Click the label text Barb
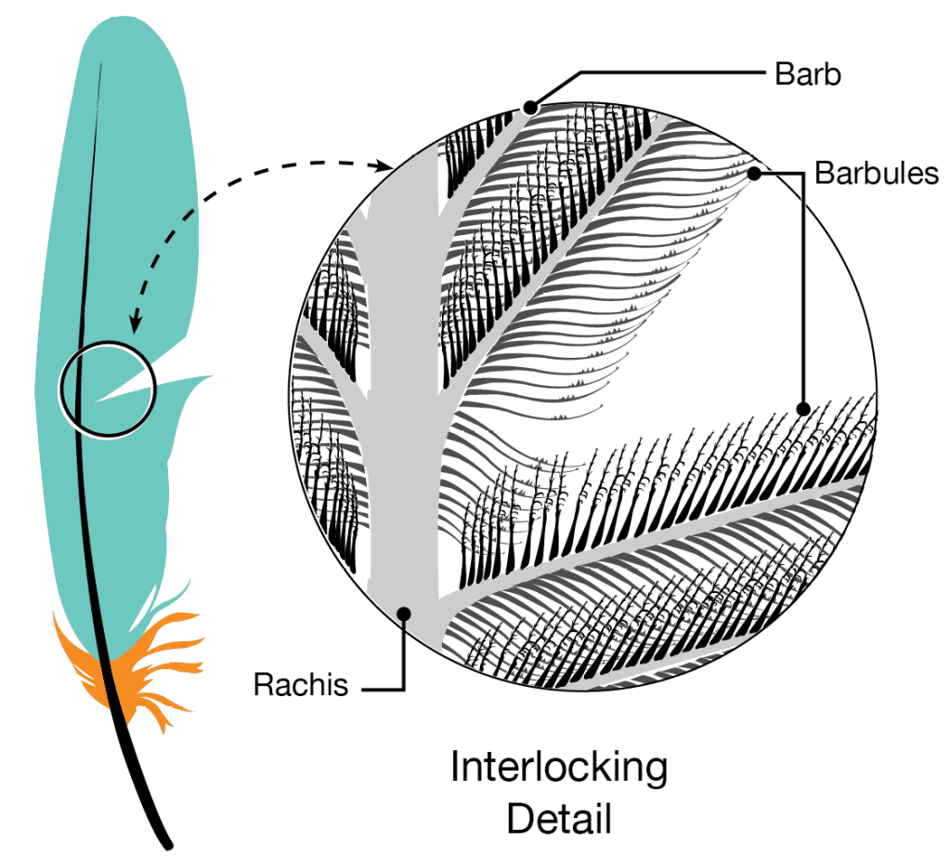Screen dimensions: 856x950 pyautogui.click(x=808, y=73)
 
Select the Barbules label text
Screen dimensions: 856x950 pyautogui.click(x=877, y=173)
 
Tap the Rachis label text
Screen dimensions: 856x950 pyautogui.click(x=301, y=686)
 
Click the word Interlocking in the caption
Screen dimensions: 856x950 pyautogui.click(x=559, y=769)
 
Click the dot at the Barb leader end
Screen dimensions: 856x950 pyautogui.click(x=529, y=109)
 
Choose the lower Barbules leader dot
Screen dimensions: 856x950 pyautogui.click(x=805, y=407)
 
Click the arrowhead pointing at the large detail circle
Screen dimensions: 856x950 pyautogui.click(x=388, y=167)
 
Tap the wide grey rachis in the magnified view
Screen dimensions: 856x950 pyautogui.click(x=402, y=372)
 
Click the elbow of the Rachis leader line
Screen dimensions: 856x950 pyautogui.click(x=404, y=689)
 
